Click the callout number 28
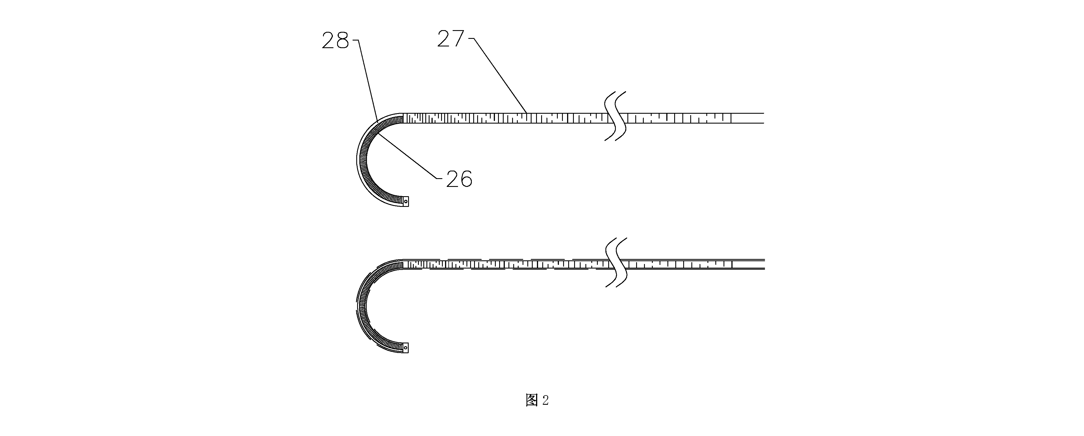pos(335,41)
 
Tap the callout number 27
pos(451,39)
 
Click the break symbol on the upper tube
pos(615,116)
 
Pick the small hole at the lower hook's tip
pos(406,348)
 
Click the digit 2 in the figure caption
pos(545,400)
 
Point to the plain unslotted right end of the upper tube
pos(748,118)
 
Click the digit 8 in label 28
pos(342,41)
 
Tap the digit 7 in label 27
pos(458,39)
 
